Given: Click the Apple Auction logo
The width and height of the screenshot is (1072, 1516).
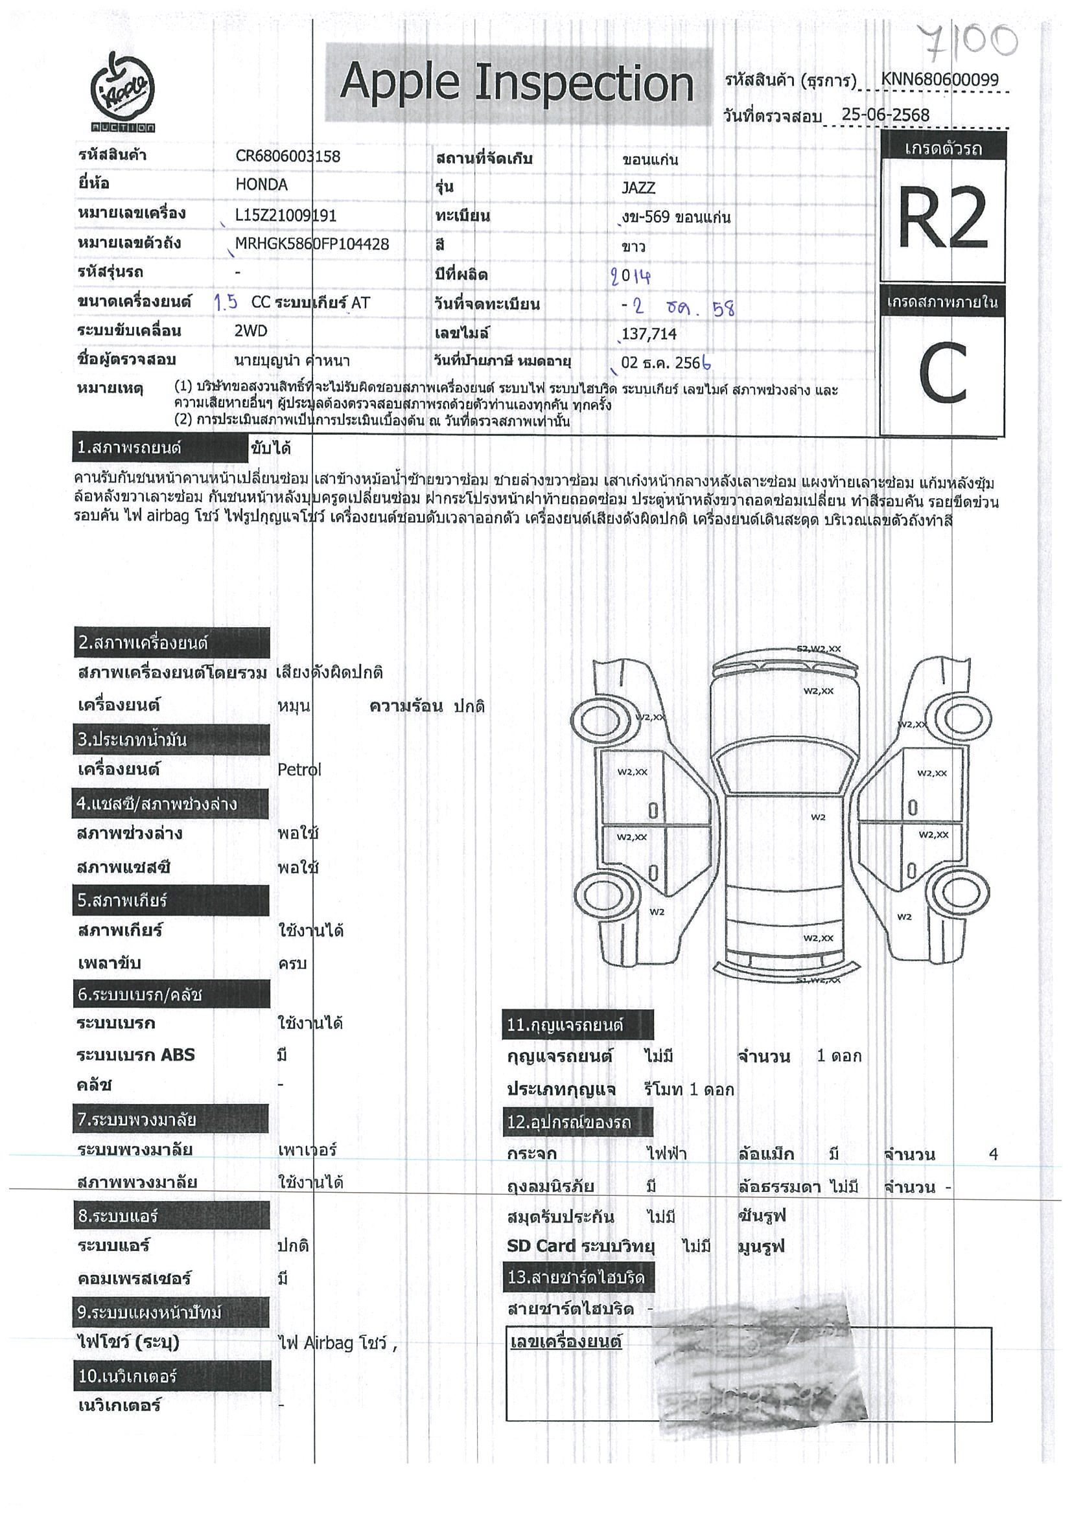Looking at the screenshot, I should (x=123, y=93).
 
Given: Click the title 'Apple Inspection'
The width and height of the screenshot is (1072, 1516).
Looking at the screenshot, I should (x=517, y=84).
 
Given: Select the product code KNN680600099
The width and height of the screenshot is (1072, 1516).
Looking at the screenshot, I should (x=938, y=80).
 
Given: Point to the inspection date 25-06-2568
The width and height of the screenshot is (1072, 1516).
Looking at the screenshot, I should (x=885, y=115).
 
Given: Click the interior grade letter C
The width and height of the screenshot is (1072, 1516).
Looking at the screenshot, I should (x=942, y=373).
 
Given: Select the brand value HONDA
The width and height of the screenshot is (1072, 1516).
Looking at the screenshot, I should (x=262, y=185).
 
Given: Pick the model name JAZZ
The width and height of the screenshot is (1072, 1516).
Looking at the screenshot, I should (x=638, y=187).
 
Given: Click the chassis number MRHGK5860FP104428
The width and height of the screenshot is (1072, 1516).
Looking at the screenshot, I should (x=312, y=244).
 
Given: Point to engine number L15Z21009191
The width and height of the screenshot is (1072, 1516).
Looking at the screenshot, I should (x=286, y=215).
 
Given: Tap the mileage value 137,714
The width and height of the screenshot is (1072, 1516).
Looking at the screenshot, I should (x=649, y=334).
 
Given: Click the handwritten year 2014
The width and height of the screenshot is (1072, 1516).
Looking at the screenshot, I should (x=631, y=275).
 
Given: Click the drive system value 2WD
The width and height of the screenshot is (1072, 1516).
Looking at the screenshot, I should (x=251, y=331).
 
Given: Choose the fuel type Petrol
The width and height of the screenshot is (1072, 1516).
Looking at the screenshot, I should (x=299, y=769).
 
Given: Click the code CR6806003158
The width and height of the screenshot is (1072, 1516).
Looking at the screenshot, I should (x=288, y=157).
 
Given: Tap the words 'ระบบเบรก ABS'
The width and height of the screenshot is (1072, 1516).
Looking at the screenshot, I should (x=136, y=1055).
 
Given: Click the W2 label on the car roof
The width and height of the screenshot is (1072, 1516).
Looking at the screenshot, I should (x=818, y=817).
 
